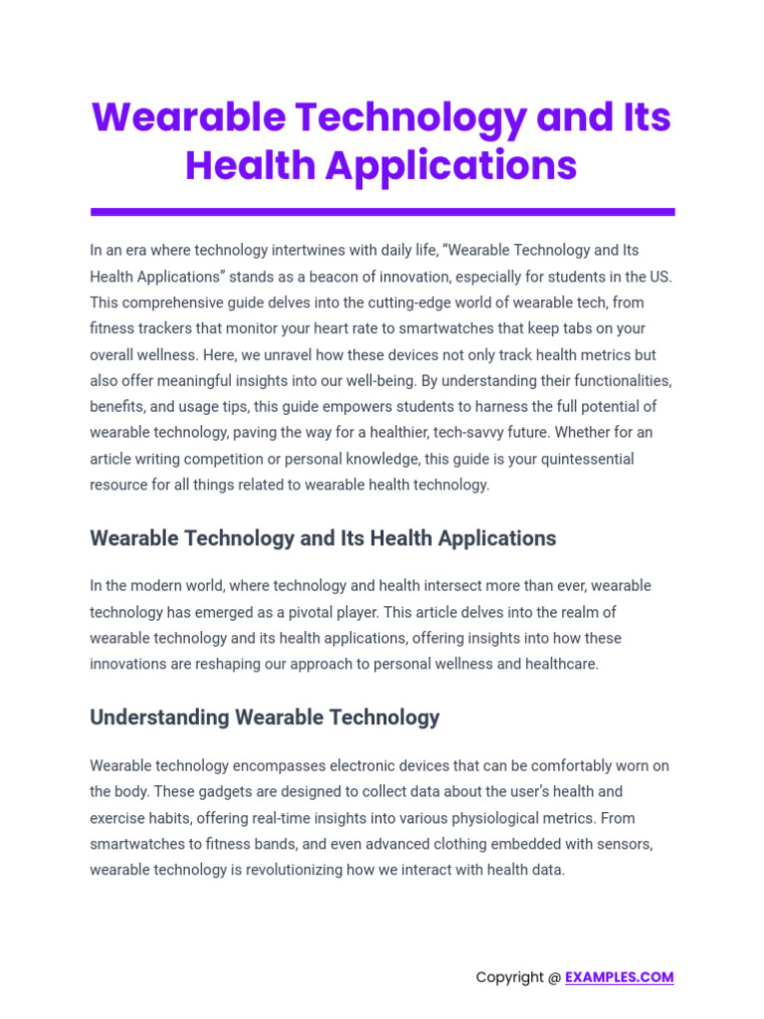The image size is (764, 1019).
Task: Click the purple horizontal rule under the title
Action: [382, 212]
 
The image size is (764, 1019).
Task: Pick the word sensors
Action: [622, 844]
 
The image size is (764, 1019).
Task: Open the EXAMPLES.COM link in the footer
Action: [619, 977]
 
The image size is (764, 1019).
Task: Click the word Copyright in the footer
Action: [509, 977]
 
